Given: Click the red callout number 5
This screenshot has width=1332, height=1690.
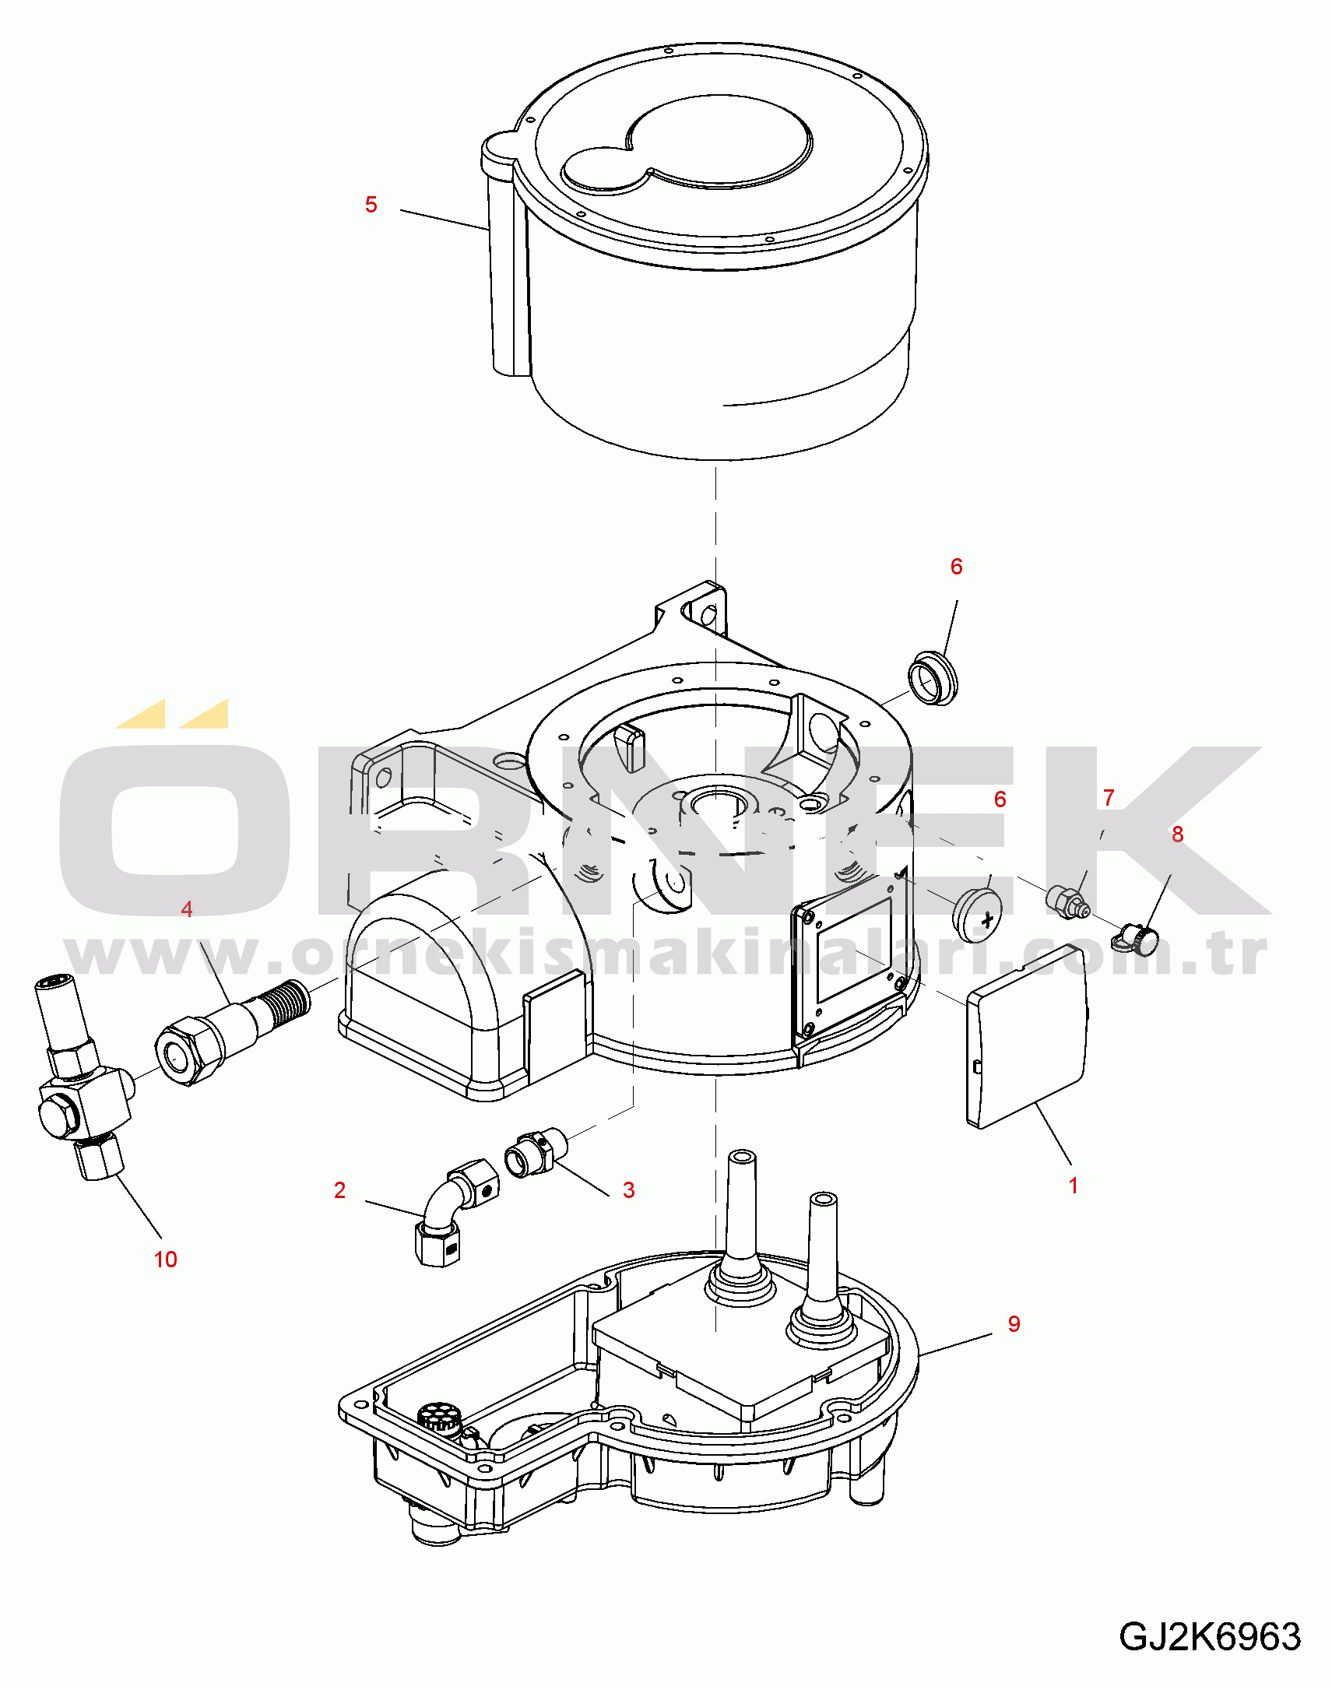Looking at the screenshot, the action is (x=371, y=205).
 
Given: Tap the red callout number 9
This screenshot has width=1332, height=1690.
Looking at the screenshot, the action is (x=1014, y=1323).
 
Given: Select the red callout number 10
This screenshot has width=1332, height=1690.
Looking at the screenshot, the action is (x=165, y=1259).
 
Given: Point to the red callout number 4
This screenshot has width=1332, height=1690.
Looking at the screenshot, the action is (x=186, y=908).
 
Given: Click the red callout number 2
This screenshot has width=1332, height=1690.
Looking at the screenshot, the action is (x=339, y=1190).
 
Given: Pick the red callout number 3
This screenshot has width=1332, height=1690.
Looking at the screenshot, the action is (x=628, y=1190).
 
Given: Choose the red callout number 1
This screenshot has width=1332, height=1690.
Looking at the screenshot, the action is (x=1073, y=1186).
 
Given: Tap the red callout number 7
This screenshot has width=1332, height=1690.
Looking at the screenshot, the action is (x=1109, y=797).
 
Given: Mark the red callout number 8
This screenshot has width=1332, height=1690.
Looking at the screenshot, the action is (x=1178, y=834).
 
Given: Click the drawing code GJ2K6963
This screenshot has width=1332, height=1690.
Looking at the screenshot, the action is (x=1210, y=1636).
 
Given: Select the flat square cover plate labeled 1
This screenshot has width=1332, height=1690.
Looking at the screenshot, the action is (x=1027, y=1035).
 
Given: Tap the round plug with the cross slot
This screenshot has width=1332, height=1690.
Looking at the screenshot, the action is (x=977, y=915).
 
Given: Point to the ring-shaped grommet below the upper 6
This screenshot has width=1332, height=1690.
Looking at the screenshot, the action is (x=933, y=679).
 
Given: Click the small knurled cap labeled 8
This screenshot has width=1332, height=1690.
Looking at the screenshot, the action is (x=1137, y=938).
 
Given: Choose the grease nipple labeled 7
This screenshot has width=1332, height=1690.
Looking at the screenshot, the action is (x=1067, y=901).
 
